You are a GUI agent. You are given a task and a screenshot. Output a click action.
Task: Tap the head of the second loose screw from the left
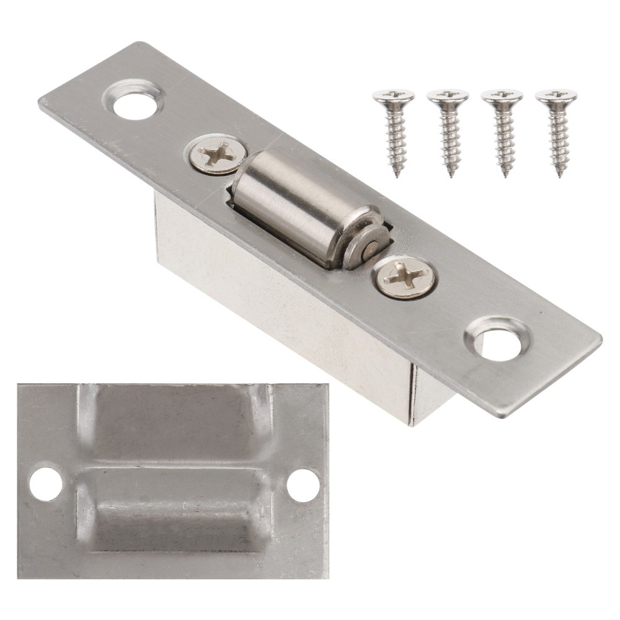[x=447, y=96]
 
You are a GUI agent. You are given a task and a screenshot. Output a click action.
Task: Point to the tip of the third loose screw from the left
[x=505, y=175]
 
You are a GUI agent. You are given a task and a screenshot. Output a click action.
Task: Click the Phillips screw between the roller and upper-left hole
[x=216, y=154]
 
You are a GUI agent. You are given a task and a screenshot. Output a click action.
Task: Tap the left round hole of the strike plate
[x=45, y=484]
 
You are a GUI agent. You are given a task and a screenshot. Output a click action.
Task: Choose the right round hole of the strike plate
[x=303, y=485]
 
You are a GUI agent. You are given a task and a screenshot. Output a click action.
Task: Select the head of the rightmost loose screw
[x=556, y=96]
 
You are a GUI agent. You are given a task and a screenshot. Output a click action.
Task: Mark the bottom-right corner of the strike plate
[x=325, y=575]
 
